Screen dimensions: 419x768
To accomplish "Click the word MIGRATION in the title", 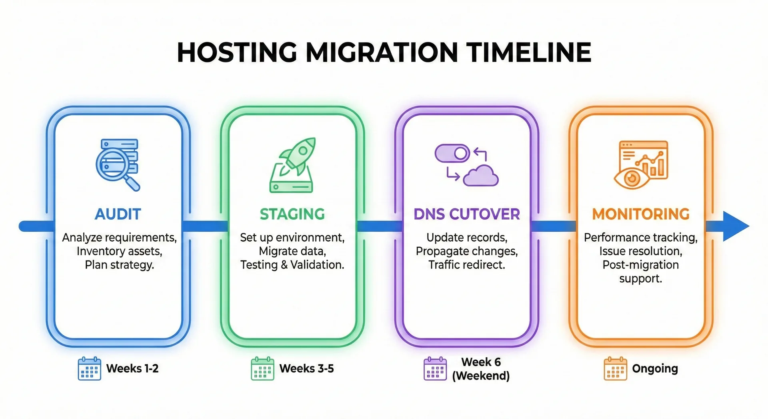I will pyautogui.click(x=382, y=52).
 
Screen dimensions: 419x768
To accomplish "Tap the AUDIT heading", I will pyautogui.click(x=118, y=214).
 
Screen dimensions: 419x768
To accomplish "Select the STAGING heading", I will pyautogui.click(x=292, y=214).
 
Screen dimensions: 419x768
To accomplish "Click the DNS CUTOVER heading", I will pyautogui.click(x=466, y=214).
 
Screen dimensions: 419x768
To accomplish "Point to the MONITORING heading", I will pyautogui.click(x=641, y=214).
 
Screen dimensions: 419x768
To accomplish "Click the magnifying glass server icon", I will pyautogui.click(x=117, y=164).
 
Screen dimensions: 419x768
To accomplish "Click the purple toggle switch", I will pyautogui.click(x=452, y=153).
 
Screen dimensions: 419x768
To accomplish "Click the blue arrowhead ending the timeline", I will pyautogui.click(x=735, y=226).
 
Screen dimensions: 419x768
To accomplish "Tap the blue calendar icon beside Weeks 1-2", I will pyautogui.click(x=89, y=369).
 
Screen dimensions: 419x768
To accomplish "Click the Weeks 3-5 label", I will pyautogui.click(x=306, y=369).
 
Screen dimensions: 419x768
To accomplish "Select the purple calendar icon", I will pyautogui.click(x=435, y=369).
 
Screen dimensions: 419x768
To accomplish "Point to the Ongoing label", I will pyautogui.click(x=655, y=369).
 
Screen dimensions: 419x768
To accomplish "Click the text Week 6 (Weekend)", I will pyautogui.click(x=481, y=369).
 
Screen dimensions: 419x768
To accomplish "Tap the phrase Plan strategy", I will pyautogui.click(x=119, y=265).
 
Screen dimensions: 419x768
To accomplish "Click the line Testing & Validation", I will pyautogui.click(x=292, y=265).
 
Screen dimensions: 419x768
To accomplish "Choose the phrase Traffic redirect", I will pyautogui.click(x=466, y=265).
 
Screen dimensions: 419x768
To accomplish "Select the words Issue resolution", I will pyautogui.click(x=640, y=251).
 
